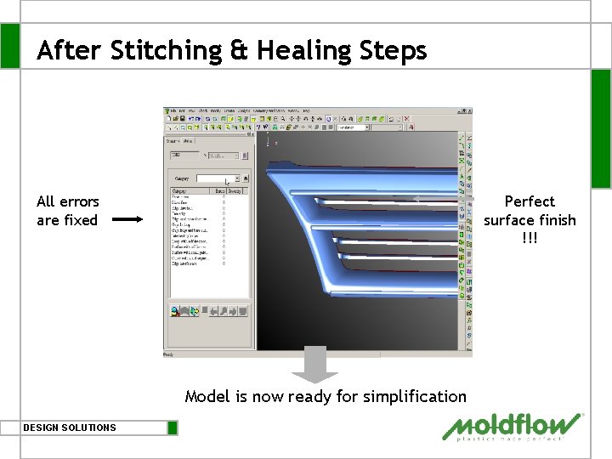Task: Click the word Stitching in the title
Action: [x=163, y=51]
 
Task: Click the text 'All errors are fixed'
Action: [x=67, y=211]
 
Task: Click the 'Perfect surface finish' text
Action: [x=530, y=211]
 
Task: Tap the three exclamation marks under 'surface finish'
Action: [x=530, y=238]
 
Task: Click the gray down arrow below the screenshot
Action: [x=314, y=365]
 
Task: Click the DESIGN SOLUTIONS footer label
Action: [x=70, y=428]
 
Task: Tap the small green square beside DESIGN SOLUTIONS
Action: [x=173, y=428]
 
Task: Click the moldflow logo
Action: [x=513, y=427]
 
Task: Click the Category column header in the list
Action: [x=181, y=191]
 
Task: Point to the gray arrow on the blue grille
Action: [x=416, y=199]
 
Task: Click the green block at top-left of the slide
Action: [x=9, y=45]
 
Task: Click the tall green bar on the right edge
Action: [x=600, y=127]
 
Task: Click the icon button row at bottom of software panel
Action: [x=209, y=312]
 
